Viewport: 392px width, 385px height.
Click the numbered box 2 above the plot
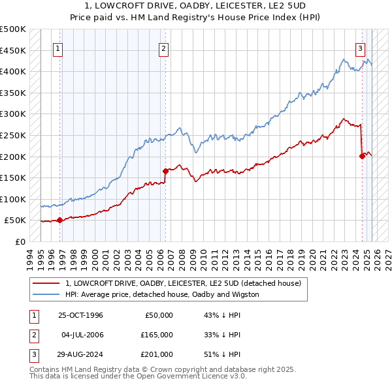(163, 48)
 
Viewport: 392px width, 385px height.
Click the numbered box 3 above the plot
(360, 48)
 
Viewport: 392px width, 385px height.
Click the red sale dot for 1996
(59, 220)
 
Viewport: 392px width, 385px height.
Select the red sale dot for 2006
(165, 171)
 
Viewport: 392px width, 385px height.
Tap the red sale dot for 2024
(362, 155)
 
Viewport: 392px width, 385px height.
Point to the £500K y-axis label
(13, 29)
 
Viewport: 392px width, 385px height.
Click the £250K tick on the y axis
(13, 135)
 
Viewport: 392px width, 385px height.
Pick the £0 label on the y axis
(21, 241)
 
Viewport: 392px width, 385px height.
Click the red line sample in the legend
(46, 284)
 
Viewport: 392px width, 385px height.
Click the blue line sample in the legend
(46, 294)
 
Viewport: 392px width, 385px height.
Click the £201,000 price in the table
(157, 354)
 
